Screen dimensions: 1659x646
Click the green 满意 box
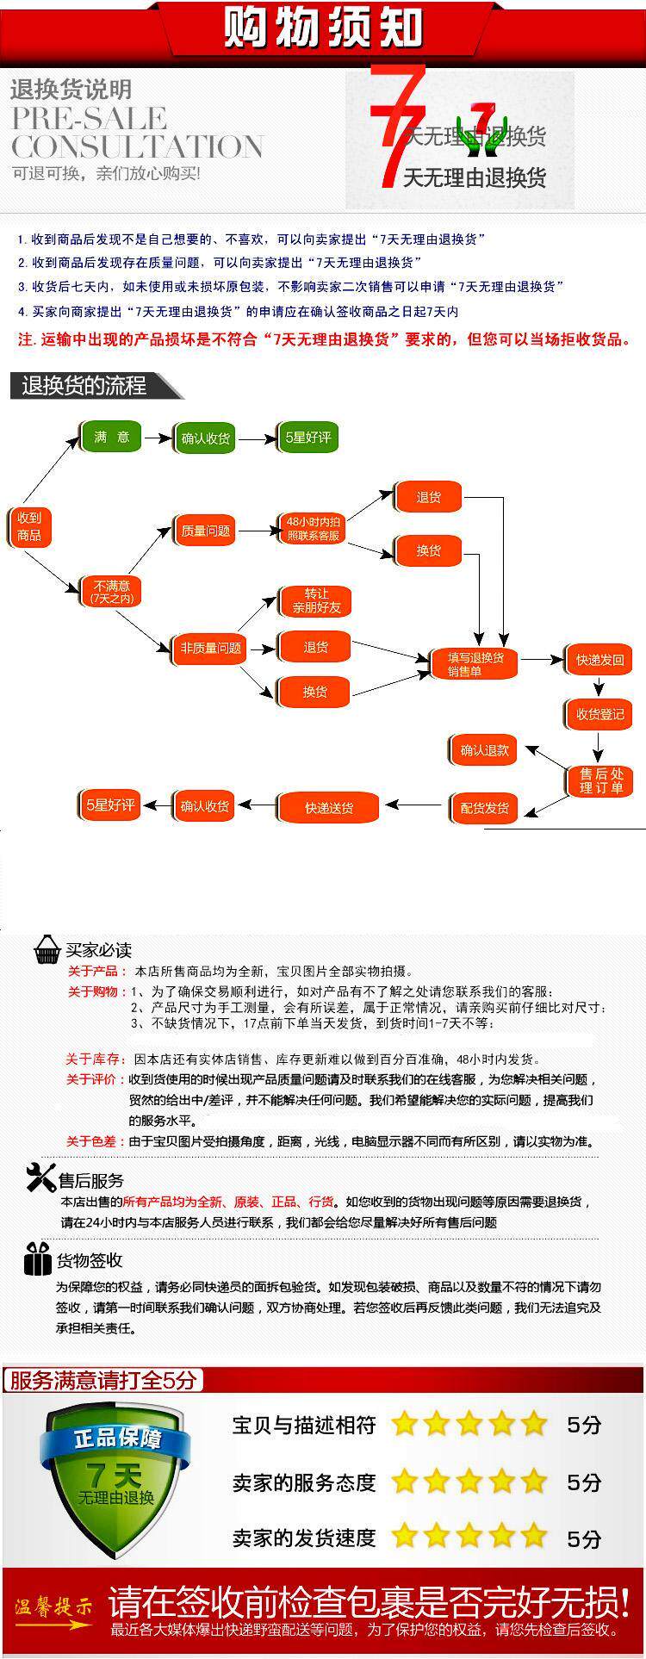click(111, 438)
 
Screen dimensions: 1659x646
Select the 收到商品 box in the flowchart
click(29, 526)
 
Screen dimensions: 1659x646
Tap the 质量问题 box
click(205, 531)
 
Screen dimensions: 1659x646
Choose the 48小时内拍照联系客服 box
click(313, 528)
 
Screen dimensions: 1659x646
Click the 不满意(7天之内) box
click(111, 591)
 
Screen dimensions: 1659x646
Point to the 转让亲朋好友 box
click(316, 600)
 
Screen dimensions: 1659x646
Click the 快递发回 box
click(599, 661)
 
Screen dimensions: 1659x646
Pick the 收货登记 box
click(599, 714)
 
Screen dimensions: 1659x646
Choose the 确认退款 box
click(484, 750)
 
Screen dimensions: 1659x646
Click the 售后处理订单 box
click(600, 780)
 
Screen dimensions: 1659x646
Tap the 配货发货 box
click(484, 808)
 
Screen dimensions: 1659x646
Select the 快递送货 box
click(329, 808)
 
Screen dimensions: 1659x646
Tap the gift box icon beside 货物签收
click(37, 1258)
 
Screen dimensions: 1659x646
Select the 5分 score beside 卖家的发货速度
click(583, 1538)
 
